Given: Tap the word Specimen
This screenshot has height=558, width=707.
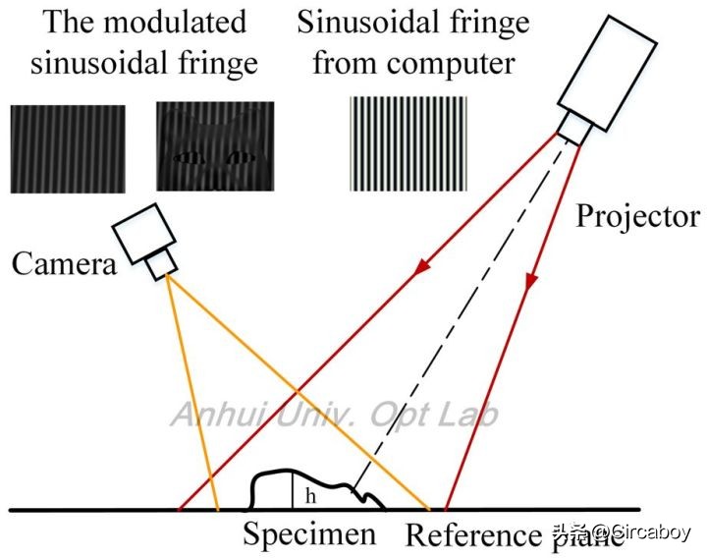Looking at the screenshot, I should [309, 535].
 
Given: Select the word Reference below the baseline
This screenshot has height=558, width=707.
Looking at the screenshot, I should [472, 536].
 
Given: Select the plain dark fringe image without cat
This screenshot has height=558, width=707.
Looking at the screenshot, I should [68, 146].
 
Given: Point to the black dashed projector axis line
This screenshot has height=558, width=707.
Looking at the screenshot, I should [462, 314].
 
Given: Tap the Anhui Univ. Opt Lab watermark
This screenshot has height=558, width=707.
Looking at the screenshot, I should [334, 414].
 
